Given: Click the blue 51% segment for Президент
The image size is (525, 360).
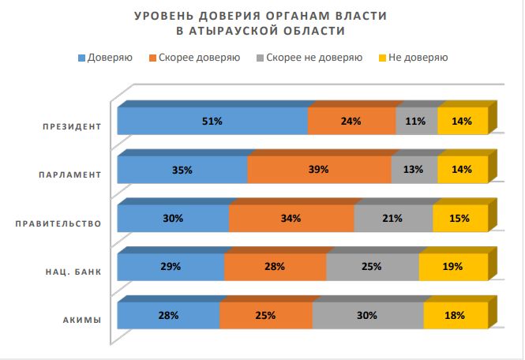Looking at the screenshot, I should [x=212, y=122].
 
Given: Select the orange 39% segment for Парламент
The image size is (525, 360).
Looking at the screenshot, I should [x=319, y=170].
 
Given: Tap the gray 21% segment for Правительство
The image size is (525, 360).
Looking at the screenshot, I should [x=393, y=218].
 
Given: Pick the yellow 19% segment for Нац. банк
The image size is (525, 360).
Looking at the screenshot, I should [x=452, y=267].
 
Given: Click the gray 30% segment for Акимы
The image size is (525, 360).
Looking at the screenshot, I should [x=368, y=315].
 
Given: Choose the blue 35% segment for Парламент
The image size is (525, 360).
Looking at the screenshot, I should [x=182, y=170].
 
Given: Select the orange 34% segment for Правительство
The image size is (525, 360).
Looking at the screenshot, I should [x=291, y=218].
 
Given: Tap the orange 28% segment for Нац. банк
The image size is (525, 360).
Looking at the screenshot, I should [x=275, y=267].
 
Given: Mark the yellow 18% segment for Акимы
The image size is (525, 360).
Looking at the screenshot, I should [x=455, y=315].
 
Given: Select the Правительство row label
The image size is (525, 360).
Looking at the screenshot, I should [x=58, y=223].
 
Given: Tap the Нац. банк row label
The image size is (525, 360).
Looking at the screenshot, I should [x=73, y=272].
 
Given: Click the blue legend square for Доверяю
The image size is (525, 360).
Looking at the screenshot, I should [x=81, y=58].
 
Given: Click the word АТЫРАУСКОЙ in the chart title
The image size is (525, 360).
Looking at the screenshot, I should [x=243, y=31].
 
